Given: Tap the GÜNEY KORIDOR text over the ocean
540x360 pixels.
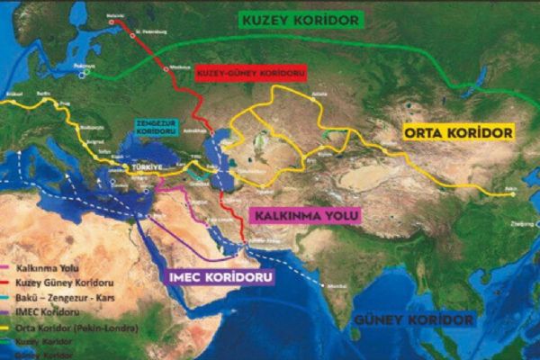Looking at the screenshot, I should (413, 320).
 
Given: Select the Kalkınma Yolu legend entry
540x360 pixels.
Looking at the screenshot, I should (44, 267).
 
